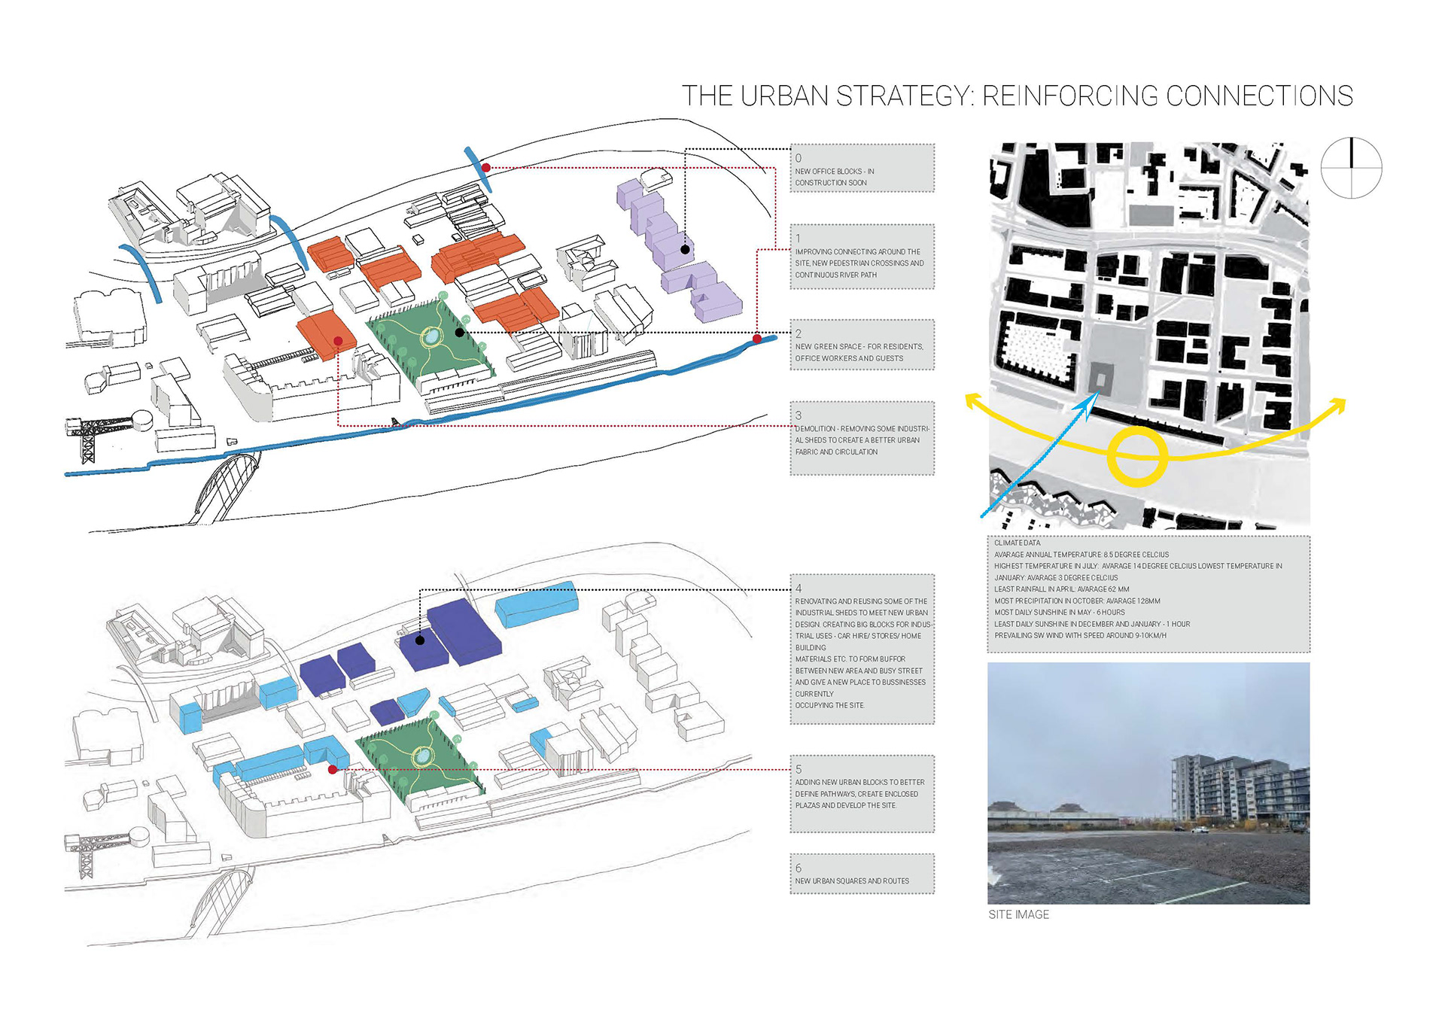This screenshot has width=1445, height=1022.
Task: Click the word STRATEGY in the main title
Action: [x=904, y=96]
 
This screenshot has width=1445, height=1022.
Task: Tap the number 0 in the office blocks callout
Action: [x=799, y=158]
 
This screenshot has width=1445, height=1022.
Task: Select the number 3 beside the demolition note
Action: [x=799, y=415]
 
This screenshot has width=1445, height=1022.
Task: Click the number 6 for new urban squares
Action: [x=799, y=868]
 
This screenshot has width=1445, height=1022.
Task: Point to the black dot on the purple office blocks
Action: [x=685, y=249]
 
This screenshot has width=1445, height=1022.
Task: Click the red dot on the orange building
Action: [x=338, y=341]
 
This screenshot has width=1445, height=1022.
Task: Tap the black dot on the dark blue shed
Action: [x=420, y=640]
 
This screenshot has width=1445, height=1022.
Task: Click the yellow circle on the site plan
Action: [x=1137, y=455]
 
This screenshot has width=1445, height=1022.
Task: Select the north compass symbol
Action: [x=1351, y=168]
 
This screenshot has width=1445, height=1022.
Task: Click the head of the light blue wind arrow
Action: [x=1087, y=403]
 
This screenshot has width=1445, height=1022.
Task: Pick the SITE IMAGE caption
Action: [x=1018, y=914]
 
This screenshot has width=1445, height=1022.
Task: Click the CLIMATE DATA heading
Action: [x=1017, y=543]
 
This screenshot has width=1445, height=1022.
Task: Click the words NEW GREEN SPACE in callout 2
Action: [x=828, y=347]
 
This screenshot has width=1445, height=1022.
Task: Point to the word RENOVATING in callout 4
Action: [x=815, y=601]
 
